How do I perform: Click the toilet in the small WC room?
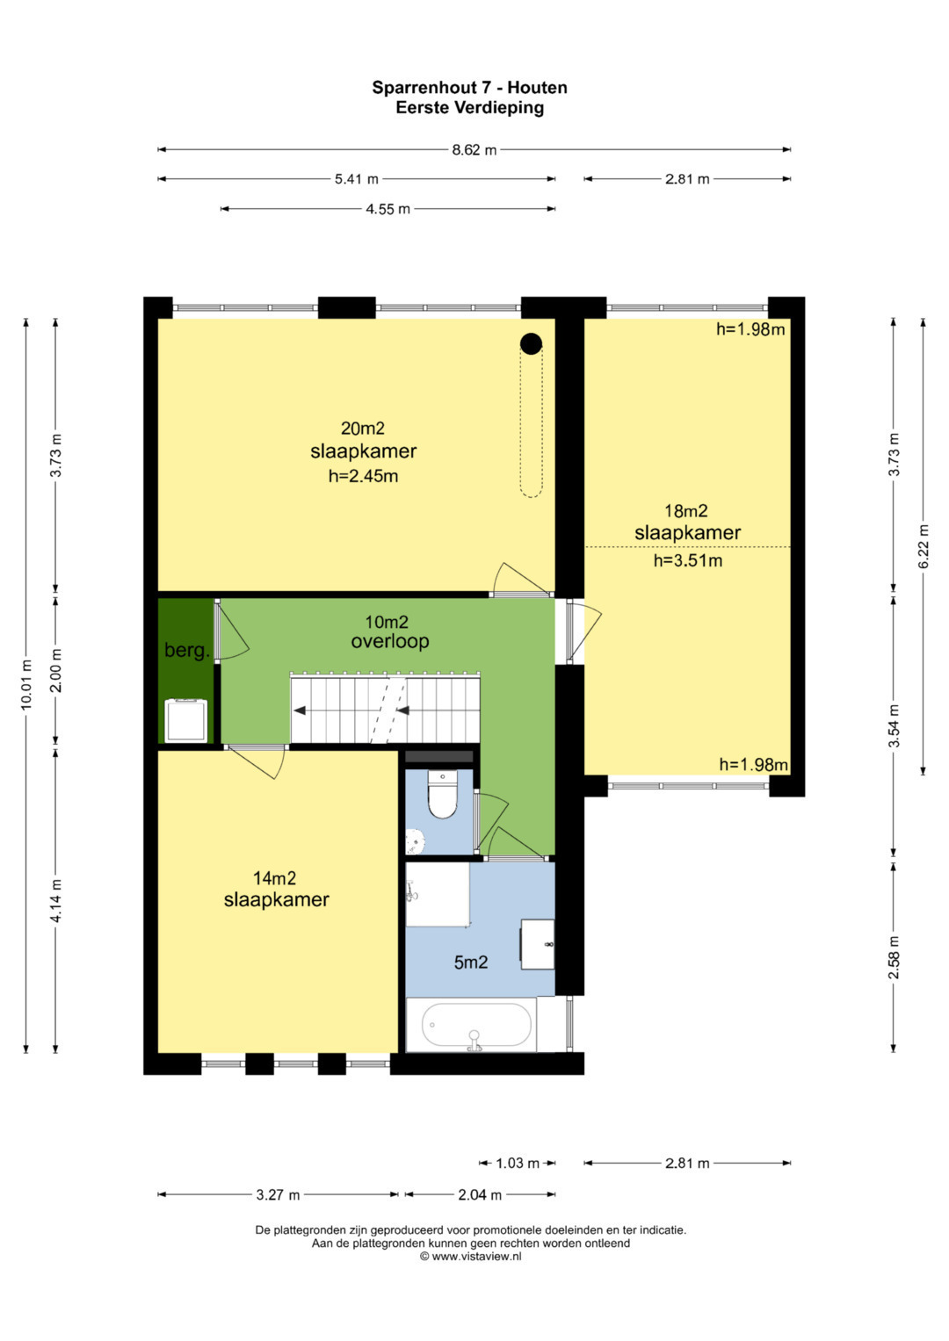point(442,793)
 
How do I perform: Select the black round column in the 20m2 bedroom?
point(531,343)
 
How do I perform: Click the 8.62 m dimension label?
point(474,149)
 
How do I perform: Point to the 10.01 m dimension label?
point(25,685)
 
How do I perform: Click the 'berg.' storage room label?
point(187,650)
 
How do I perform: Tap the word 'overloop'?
point(390,641)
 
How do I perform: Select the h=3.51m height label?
point(688,560)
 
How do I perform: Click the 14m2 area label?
point(274,878)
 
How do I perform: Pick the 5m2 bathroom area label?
point(471,962)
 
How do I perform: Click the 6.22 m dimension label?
point(924,546)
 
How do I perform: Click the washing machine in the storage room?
point(186,720)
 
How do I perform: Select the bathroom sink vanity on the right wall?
point(538,944)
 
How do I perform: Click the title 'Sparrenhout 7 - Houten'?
point(470,88)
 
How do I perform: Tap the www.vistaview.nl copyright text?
point(470,1257)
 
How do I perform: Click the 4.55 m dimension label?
point(388,209)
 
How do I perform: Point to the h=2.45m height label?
point(363,476)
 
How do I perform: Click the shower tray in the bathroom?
point(438,894)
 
